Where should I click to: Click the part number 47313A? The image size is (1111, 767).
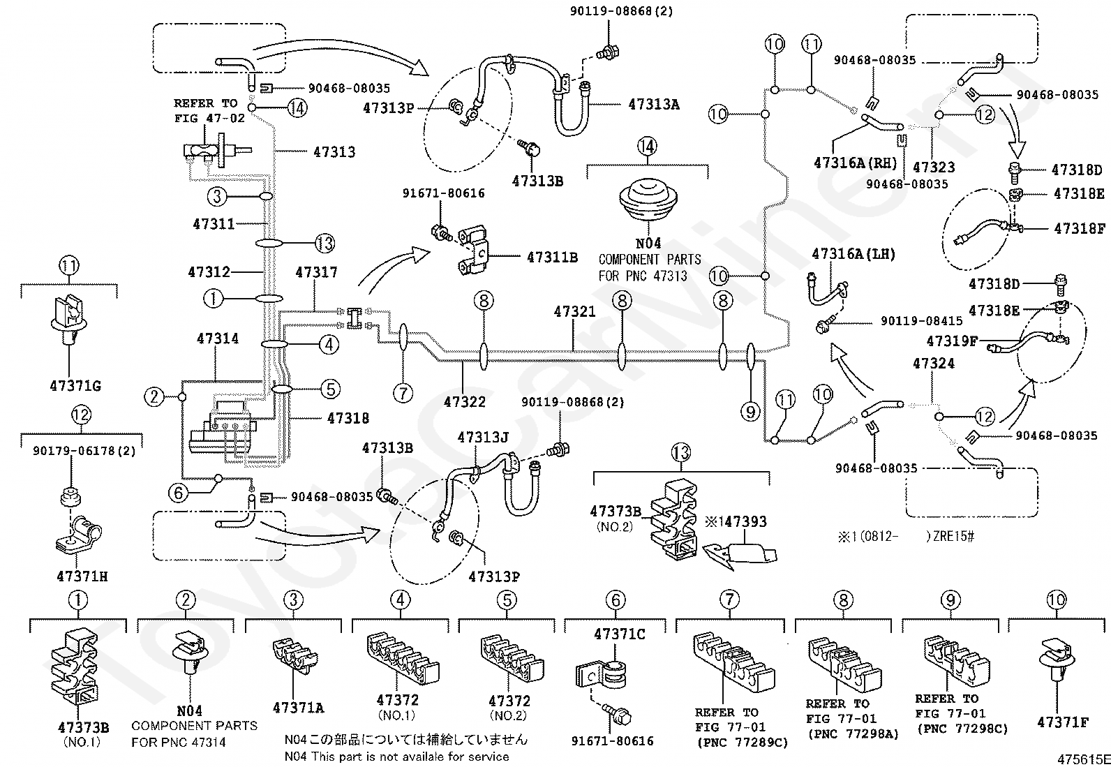pos(654,104)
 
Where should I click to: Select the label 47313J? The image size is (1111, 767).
pos(483,438)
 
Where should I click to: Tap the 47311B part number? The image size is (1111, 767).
pos(552,257)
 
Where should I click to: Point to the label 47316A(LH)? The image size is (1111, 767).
pos(853,254)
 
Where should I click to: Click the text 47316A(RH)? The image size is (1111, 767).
pos(856,163)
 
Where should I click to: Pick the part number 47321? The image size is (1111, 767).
pos(574,311)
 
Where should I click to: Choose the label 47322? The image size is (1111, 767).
pos(464,402)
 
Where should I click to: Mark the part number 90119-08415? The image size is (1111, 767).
pos(922,320)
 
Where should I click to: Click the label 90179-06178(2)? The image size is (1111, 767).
pos(84,451)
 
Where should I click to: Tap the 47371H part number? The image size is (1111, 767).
pos(82,576)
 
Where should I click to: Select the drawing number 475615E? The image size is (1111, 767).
pos(1084,759)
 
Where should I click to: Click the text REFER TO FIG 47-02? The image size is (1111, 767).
pos(209,111)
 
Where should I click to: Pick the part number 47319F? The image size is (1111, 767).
pos(952,341)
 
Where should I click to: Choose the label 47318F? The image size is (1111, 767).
pos(1080,229)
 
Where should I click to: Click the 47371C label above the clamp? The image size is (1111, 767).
pos(620,634)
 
